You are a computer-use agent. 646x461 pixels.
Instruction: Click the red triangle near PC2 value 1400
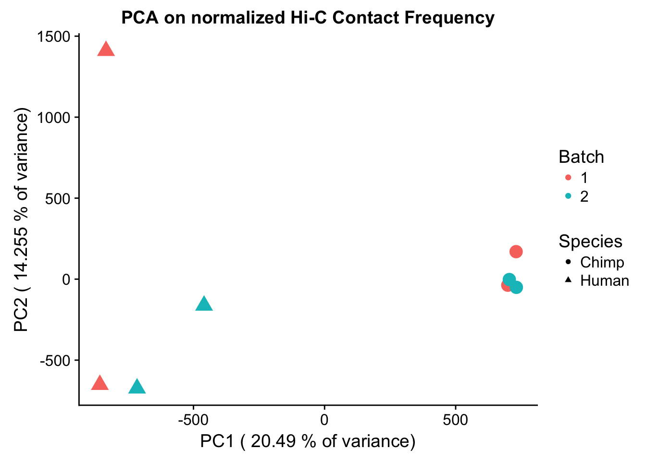106,49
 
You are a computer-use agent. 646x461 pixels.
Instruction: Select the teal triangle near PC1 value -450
204,304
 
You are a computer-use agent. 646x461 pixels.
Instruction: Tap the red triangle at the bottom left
99,383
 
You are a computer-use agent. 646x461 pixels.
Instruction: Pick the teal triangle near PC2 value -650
137,387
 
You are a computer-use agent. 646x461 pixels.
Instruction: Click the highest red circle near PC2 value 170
516,252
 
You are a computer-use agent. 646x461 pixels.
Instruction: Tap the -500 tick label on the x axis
193,420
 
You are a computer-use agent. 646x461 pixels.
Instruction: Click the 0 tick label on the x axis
324,420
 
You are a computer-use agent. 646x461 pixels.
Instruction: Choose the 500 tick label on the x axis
455,420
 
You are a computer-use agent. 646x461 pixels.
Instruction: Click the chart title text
308,18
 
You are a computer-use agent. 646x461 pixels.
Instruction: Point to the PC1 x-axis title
308,441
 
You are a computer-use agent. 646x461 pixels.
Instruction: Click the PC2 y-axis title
22,220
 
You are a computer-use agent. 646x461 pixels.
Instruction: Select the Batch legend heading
581,157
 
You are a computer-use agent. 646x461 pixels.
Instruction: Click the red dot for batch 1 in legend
568,178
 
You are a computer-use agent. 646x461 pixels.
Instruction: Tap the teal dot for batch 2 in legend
568,196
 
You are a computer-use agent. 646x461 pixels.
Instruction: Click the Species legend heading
590,241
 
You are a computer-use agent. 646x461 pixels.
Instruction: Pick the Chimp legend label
602,262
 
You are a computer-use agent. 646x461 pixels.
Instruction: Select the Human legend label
604,281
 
